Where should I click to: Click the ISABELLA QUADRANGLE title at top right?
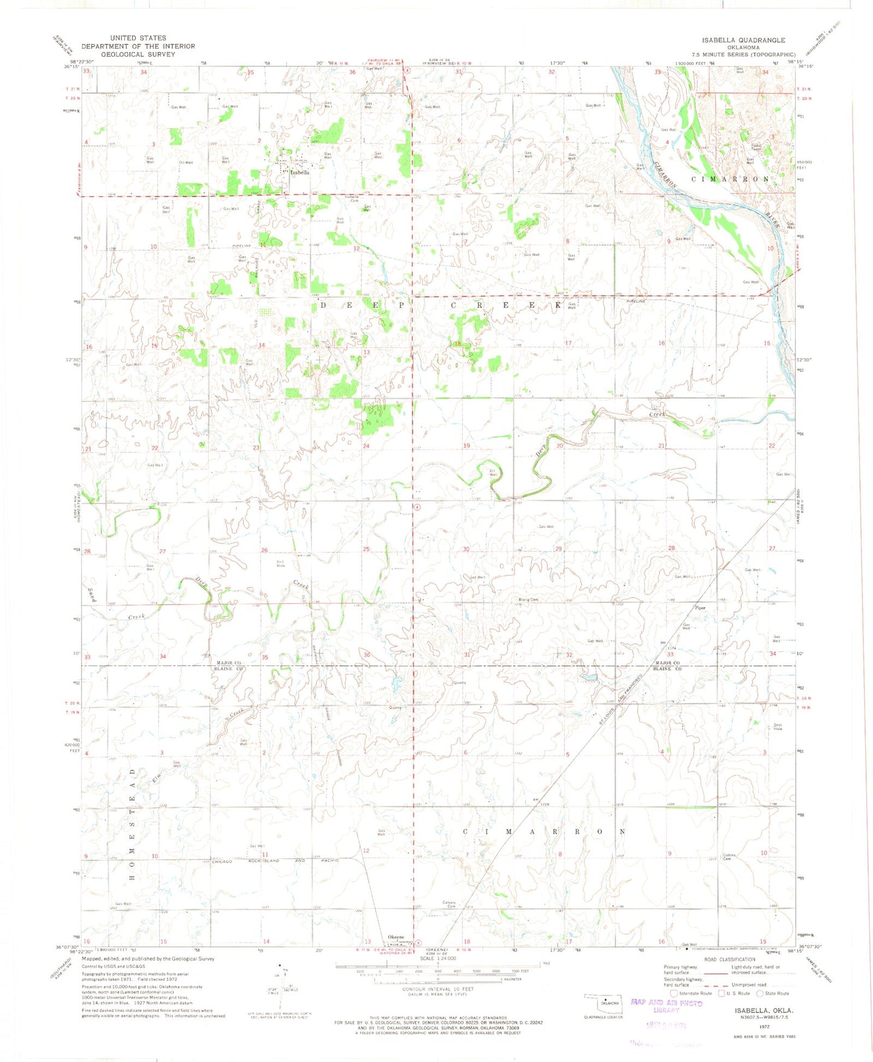[x=743, y=40]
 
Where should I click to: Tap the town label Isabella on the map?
[x=300, y=172]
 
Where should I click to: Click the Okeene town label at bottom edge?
[x=396, y=938]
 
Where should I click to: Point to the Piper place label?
[x=700, y=608]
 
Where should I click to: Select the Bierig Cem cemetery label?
[x=528, y=600]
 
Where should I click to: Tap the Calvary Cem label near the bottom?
[x=449, y=904]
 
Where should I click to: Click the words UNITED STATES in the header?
[x=138, y=38]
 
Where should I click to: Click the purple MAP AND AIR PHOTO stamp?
[x=666, y=1003]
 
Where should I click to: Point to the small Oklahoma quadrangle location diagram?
[x=604, y=1003]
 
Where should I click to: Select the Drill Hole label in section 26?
[x=281, y=564]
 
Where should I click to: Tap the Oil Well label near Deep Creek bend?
[x=493, y=473]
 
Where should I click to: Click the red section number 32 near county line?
[x=569, y=655]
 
